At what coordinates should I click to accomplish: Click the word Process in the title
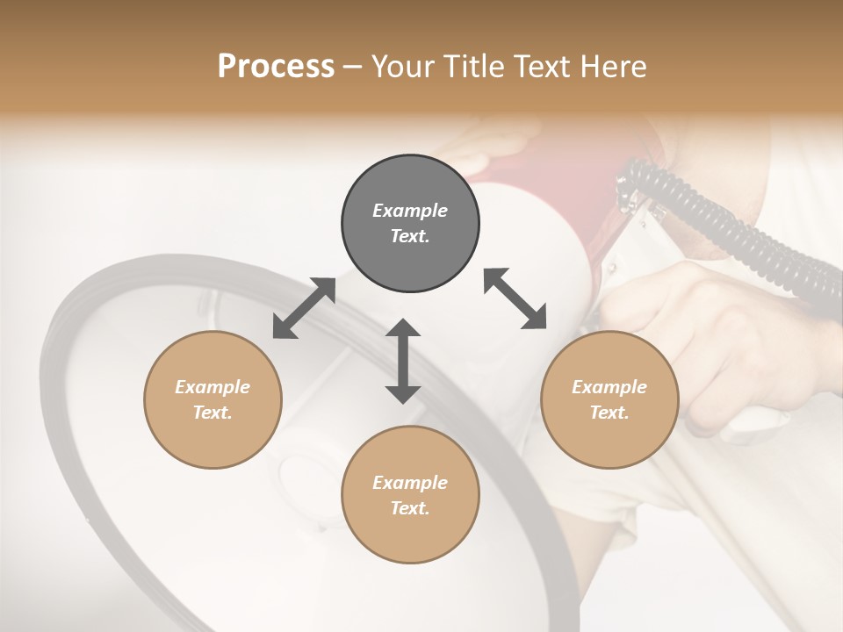276,67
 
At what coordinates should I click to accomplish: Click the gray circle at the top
410,224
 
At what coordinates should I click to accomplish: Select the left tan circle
213,399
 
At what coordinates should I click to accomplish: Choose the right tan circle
609,399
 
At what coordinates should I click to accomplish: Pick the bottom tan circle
410,495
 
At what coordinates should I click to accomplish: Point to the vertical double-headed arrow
403,361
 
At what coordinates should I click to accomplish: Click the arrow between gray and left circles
304,308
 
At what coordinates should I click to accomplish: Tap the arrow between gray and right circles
515,298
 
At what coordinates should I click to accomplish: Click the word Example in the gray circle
410,211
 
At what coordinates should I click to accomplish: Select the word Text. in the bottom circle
410,508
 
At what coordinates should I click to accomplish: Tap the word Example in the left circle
213,387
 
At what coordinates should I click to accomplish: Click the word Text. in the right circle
609,413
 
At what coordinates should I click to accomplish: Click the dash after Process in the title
353,68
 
